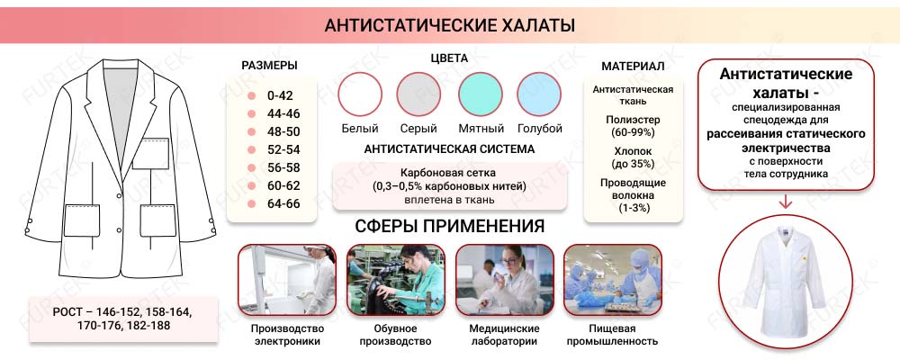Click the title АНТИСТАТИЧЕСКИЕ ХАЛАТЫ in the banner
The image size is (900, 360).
pyautogui.click(x=449, y=25)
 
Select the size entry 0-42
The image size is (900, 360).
pyautogui.click(x=280, y=95)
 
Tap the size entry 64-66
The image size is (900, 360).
pyautogui.click(x=283, y=203)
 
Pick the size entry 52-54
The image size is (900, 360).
pyautogui.click(x=283, y=149)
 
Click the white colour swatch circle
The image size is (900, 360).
pyautogui.click(x=360, y=94)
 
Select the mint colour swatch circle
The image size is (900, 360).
pyautogui.click(x=480, y=94)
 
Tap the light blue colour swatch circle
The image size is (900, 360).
pyautogui.click(x=539, y=94)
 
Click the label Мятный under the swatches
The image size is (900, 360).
pyautogui.click(x=480, y=129)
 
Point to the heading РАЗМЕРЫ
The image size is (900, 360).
pyautogui.click(x=270, y=66)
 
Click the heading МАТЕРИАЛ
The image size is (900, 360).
pyautogui.click(x=633, y=67)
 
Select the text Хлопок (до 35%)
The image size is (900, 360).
pyautogui.click(x=633, y=157)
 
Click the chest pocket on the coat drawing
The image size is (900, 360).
pyautogui.click(x=150, y=154)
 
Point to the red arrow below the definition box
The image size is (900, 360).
pyautogui.click(x=786, y=202)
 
